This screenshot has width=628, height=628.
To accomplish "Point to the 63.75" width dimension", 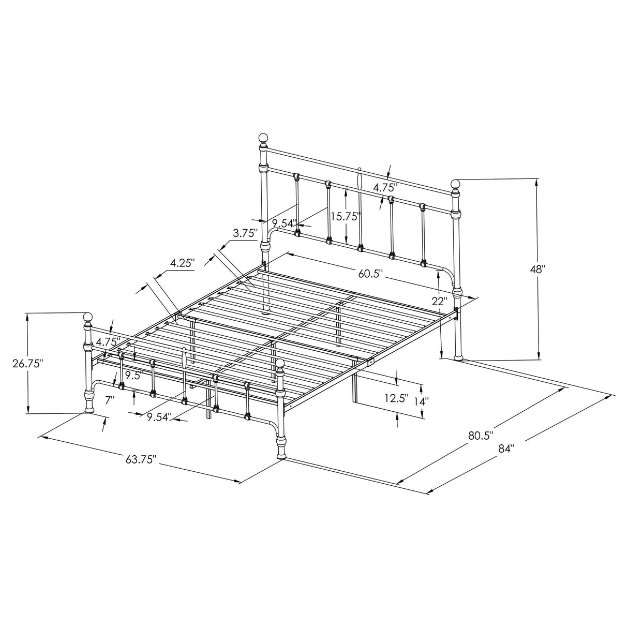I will pos(140,459).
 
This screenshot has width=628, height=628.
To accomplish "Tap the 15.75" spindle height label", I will pos(346,216).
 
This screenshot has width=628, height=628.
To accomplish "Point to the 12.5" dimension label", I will pos(396,399).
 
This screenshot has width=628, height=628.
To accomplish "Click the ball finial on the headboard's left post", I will pos(263,139).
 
